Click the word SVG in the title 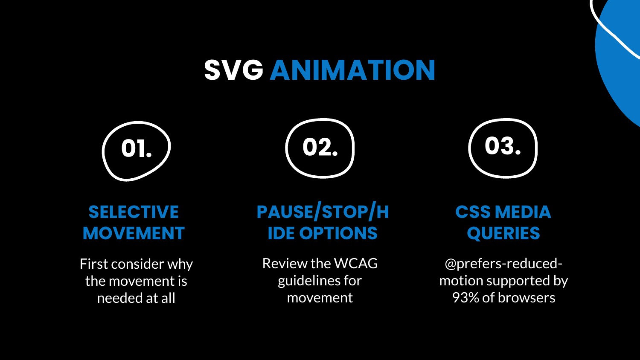pos(233,70)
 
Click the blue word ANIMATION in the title pos(352,70)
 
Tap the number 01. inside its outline pos(136,148)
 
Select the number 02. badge pos(320,148)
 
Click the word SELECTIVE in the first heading pos(134,212)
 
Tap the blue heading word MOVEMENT pos(134,233)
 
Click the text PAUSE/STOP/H pos(323,212)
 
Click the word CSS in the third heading pos(473,212)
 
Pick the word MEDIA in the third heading pos(523,212)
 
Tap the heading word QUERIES pos(503,234)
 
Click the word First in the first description pos(94,264)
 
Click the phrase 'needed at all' pos(136,298)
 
